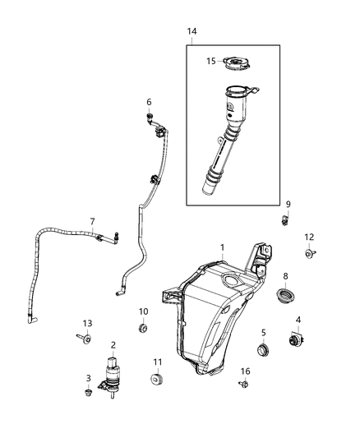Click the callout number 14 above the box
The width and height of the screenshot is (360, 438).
point(192,31)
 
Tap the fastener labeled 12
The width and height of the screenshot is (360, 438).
point(310,255)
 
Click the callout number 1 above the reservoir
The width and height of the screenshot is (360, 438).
point(222,247)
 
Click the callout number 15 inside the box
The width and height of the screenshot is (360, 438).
point(210,60)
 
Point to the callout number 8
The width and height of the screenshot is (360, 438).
point(285,276)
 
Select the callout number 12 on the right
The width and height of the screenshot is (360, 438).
point(310,237)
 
